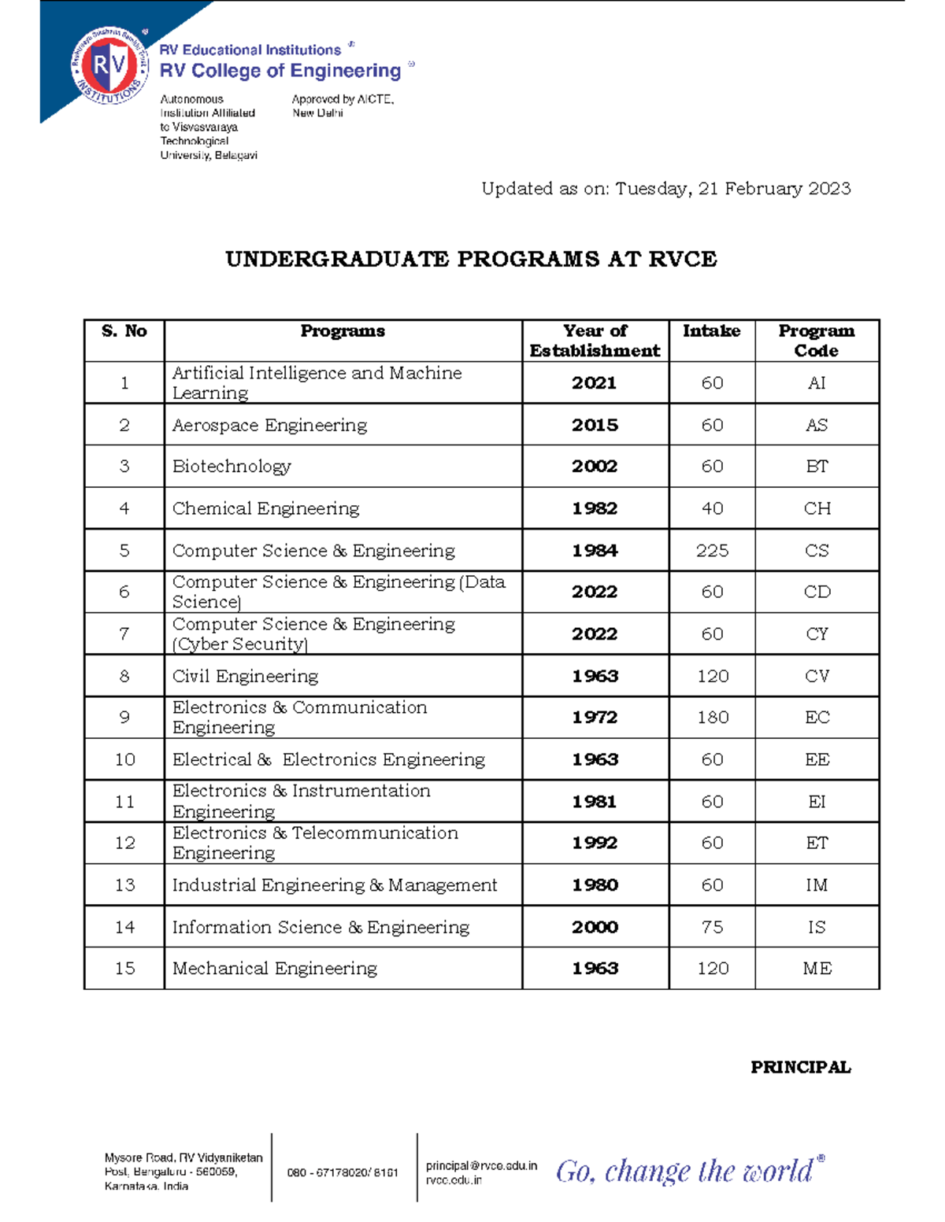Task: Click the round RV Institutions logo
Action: [109, 66]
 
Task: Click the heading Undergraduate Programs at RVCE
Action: [471, 260]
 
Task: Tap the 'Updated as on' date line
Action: [665, 189]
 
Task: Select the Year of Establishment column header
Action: [595, 341]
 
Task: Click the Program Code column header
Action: [816, 341]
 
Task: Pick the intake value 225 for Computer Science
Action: [712, 551]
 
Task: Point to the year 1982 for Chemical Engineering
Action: [595, 508]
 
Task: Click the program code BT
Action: [817, 467]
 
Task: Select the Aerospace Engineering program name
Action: [269, 426]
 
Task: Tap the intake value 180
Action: [712, 718]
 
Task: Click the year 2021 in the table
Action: [594, 383]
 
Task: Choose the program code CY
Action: [817, 634]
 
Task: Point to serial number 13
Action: [124, 885]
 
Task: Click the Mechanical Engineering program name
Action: [274, 969]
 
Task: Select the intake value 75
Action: [712, 927]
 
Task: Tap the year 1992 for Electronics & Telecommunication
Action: [595, 843]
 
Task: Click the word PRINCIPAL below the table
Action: [800, 1068]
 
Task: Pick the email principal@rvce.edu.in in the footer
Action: [481, 1165]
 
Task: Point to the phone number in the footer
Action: [343, 1172]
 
